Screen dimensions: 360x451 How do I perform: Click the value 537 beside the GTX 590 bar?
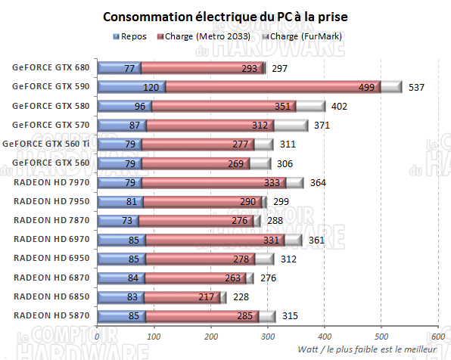417,87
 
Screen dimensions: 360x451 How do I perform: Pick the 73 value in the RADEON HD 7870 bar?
127,221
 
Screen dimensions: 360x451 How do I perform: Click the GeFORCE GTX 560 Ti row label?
50,144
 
